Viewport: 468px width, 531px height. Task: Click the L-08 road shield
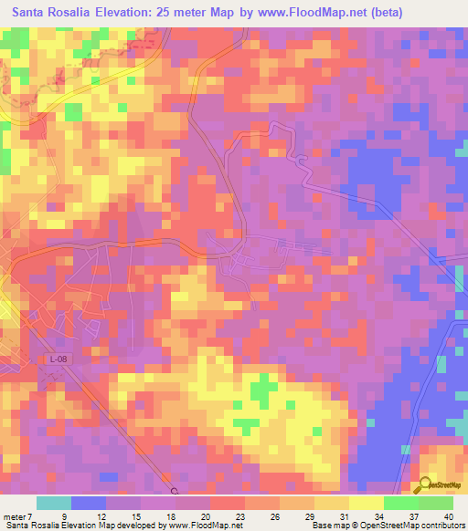58,359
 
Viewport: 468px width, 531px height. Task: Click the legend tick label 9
64,515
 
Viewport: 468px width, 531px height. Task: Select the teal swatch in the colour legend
54,503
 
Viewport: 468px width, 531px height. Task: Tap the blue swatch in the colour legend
89,503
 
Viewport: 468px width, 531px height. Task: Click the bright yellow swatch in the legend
366,503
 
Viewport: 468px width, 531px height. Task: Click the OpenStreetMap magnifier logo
425,486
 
